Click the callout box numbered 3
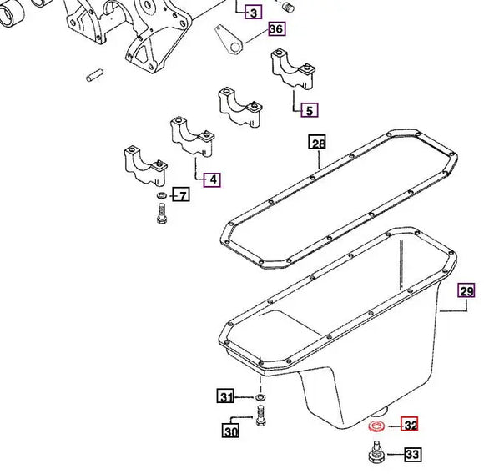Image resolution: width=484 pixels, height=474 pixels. pyautogui.click(x=254, y=13)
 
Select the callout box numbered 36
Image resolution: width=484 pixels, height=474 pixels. pyautogui.click(x=276, y=28)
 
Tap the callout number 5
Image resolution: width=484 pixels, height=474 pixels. pyautogui.click(x=310, y=110)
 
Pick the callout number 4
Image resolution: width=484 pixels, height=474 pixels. pyautogui.click(x=212, y=180)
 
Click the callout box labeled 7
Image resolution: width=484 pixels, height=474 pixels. pyautogui.click(x=181, y=194)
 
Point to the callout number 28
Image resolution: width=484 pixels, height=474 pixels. pyautogui.click(x=318, y=142)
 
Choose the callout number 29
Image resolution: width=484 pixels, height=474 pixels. pyautogui.click(x=466, y=291)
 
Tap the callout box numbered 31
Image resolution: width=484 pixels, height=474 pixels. pyautogui.click(x=225, y=396)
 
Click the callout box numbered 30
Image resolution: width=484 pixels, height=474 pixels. pyautogui.click(x=230, y=431)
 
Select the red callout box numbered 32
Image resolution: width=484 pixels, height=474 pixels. pyautogui.click(x=409, y=424)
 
